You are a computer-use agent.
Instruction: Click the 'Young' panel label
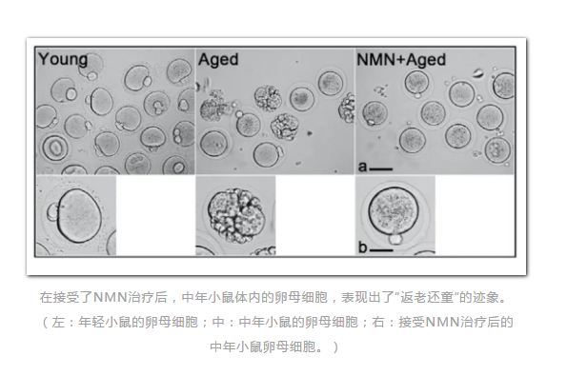(63, 60)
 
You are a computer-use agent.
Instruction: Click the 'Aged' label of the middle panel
(219, 60)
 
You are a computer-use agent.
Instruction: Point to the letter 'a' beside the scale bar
(363, 166)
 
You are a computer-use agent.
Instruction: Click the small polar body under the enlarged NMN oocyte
(394, 238)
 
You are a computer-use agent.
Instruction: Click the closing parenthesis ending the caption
(335, 346)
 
